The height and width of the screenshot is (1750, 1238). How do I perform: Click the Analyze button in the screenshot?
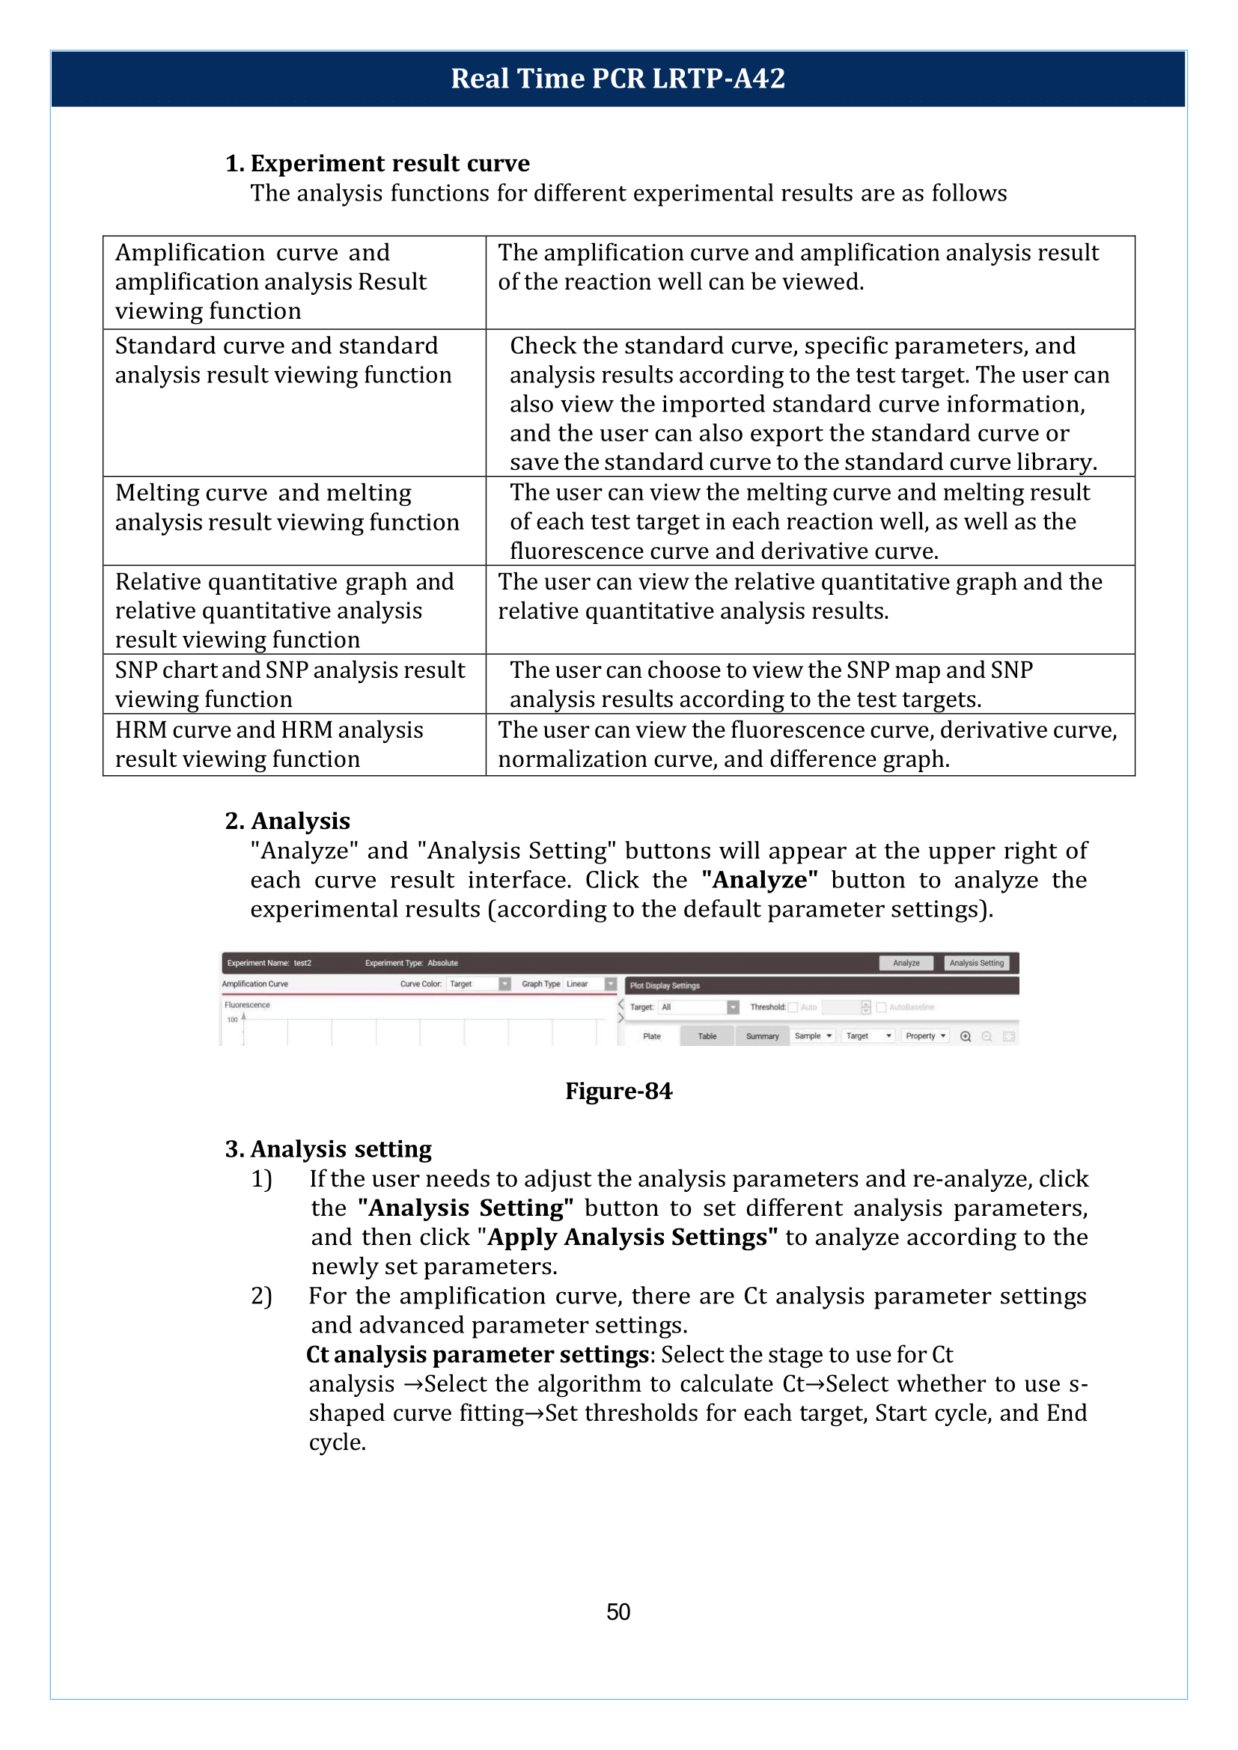click(x=906, y=963)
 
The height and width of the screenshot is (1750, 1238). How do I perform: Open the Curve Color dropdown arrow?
click(x=504, y=984)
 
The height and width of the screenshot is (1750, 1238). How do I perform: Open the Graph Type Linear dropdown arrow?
click(x=610, y=984)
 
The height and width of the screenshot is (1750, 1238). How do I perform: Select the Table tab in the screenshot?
click(x=707, y=1035)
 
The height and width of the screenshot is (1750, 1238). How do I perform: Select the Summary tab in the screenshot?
click(x=761, y=1035)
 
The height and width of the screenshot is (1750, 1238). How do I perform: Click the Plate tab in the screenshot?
click(x=652, y=1035)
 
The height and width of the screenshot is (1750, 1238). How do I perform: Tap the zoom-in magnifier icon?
click(x=965, y=1035)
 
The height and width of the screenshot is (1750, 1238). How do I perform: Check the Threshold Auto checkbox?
click(x=793, y=1008)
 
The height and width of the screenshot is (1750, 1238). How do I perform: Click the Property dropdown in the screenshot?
click(x=925, y=1035)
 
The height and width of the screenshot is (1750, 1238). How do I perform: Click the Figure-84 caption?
click(x=618, y=1091)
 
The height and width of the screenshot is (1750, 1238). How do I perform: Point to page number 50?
click(x=618, y=1612)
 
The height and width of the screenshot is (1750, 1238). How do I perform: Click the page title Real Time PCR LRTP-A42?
click(x=618, y=79)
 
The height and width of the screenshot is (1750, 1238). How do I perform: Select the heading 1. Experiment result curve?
click(x=377, y=163)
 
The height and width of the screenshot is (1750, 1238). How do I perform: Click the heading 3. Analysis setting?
click(x=328, y=1148)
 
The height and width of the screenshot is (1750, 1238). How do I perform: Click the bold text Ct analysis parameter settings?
click(x=478, y=1354)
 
